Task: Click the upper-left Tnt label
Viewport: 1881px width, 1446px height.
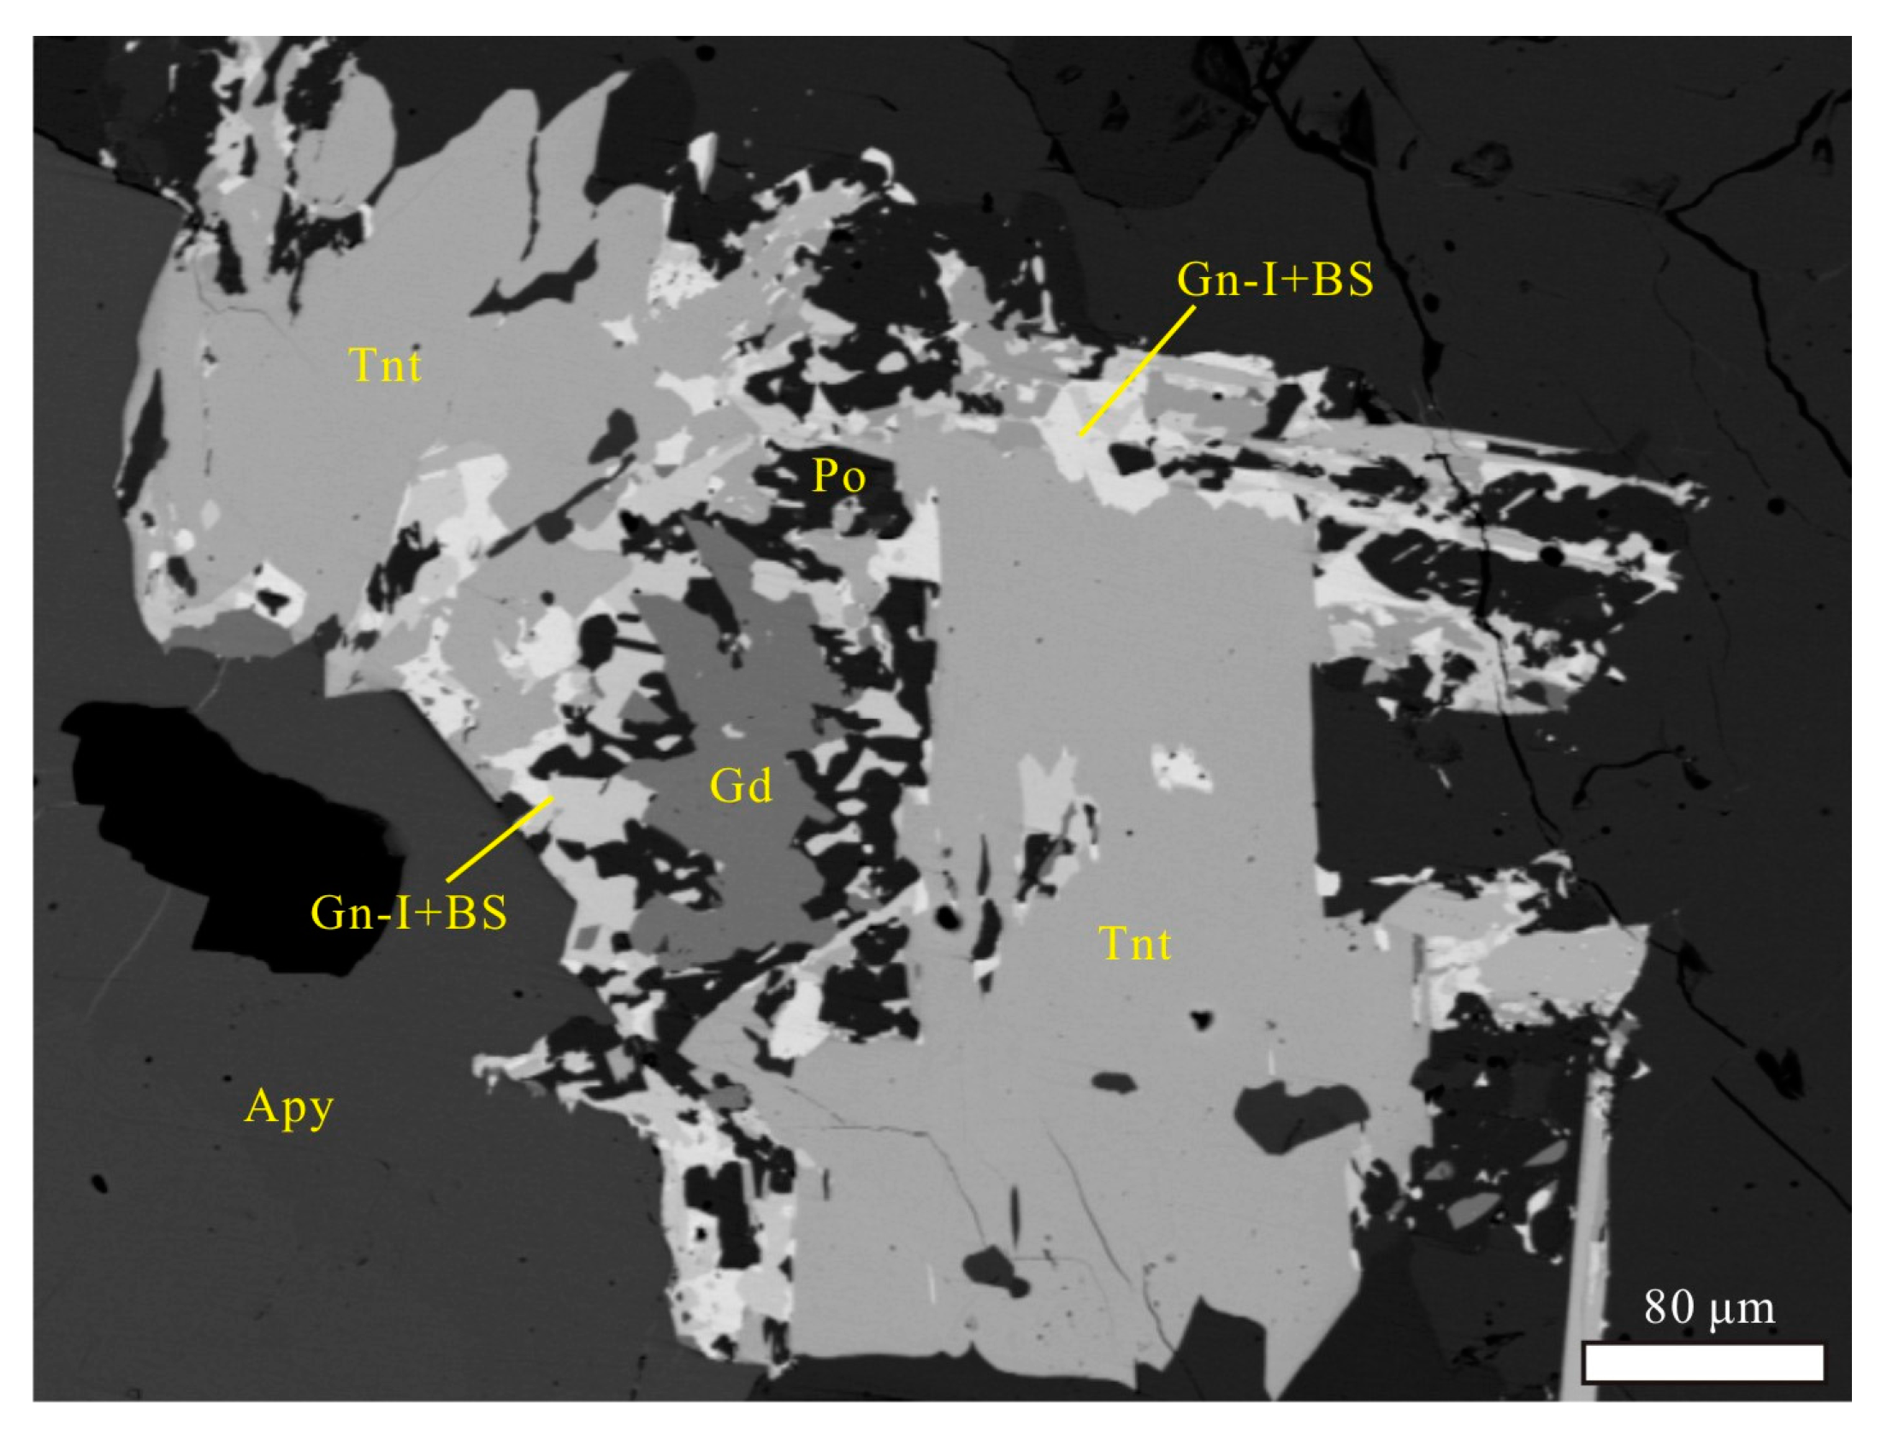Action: coord(385,365)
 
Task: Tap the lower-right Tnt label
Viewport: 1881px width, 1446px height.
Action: coord(1135,944)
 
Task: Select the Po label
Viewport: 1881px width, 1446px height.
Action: coord(838,475)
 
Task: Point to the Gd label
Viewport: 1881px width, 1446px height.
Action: coord(741,785)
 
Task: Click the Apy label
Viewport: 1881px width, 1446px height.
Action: coord(289,1107)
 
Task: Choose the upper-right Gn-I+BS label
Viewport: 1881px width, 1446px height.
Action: coord(1275,279)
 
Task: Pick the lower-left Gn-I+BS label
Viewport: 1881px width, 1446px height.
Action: coord(409,912)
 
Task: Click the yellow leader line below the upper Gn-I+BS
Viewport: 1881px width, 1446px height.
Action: coord(1136,371)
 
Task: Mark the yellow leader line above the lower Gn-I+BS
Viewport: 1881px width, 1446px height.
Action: coord(500,839)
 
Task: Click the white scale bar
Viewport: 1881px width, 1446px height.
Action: coord(1704,1387)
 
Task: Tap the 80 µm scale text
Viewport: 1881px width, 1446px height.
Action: coord(1709,1308)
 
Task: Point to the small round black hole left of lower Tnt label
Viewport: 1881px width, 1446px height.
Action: coord(948,918)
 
